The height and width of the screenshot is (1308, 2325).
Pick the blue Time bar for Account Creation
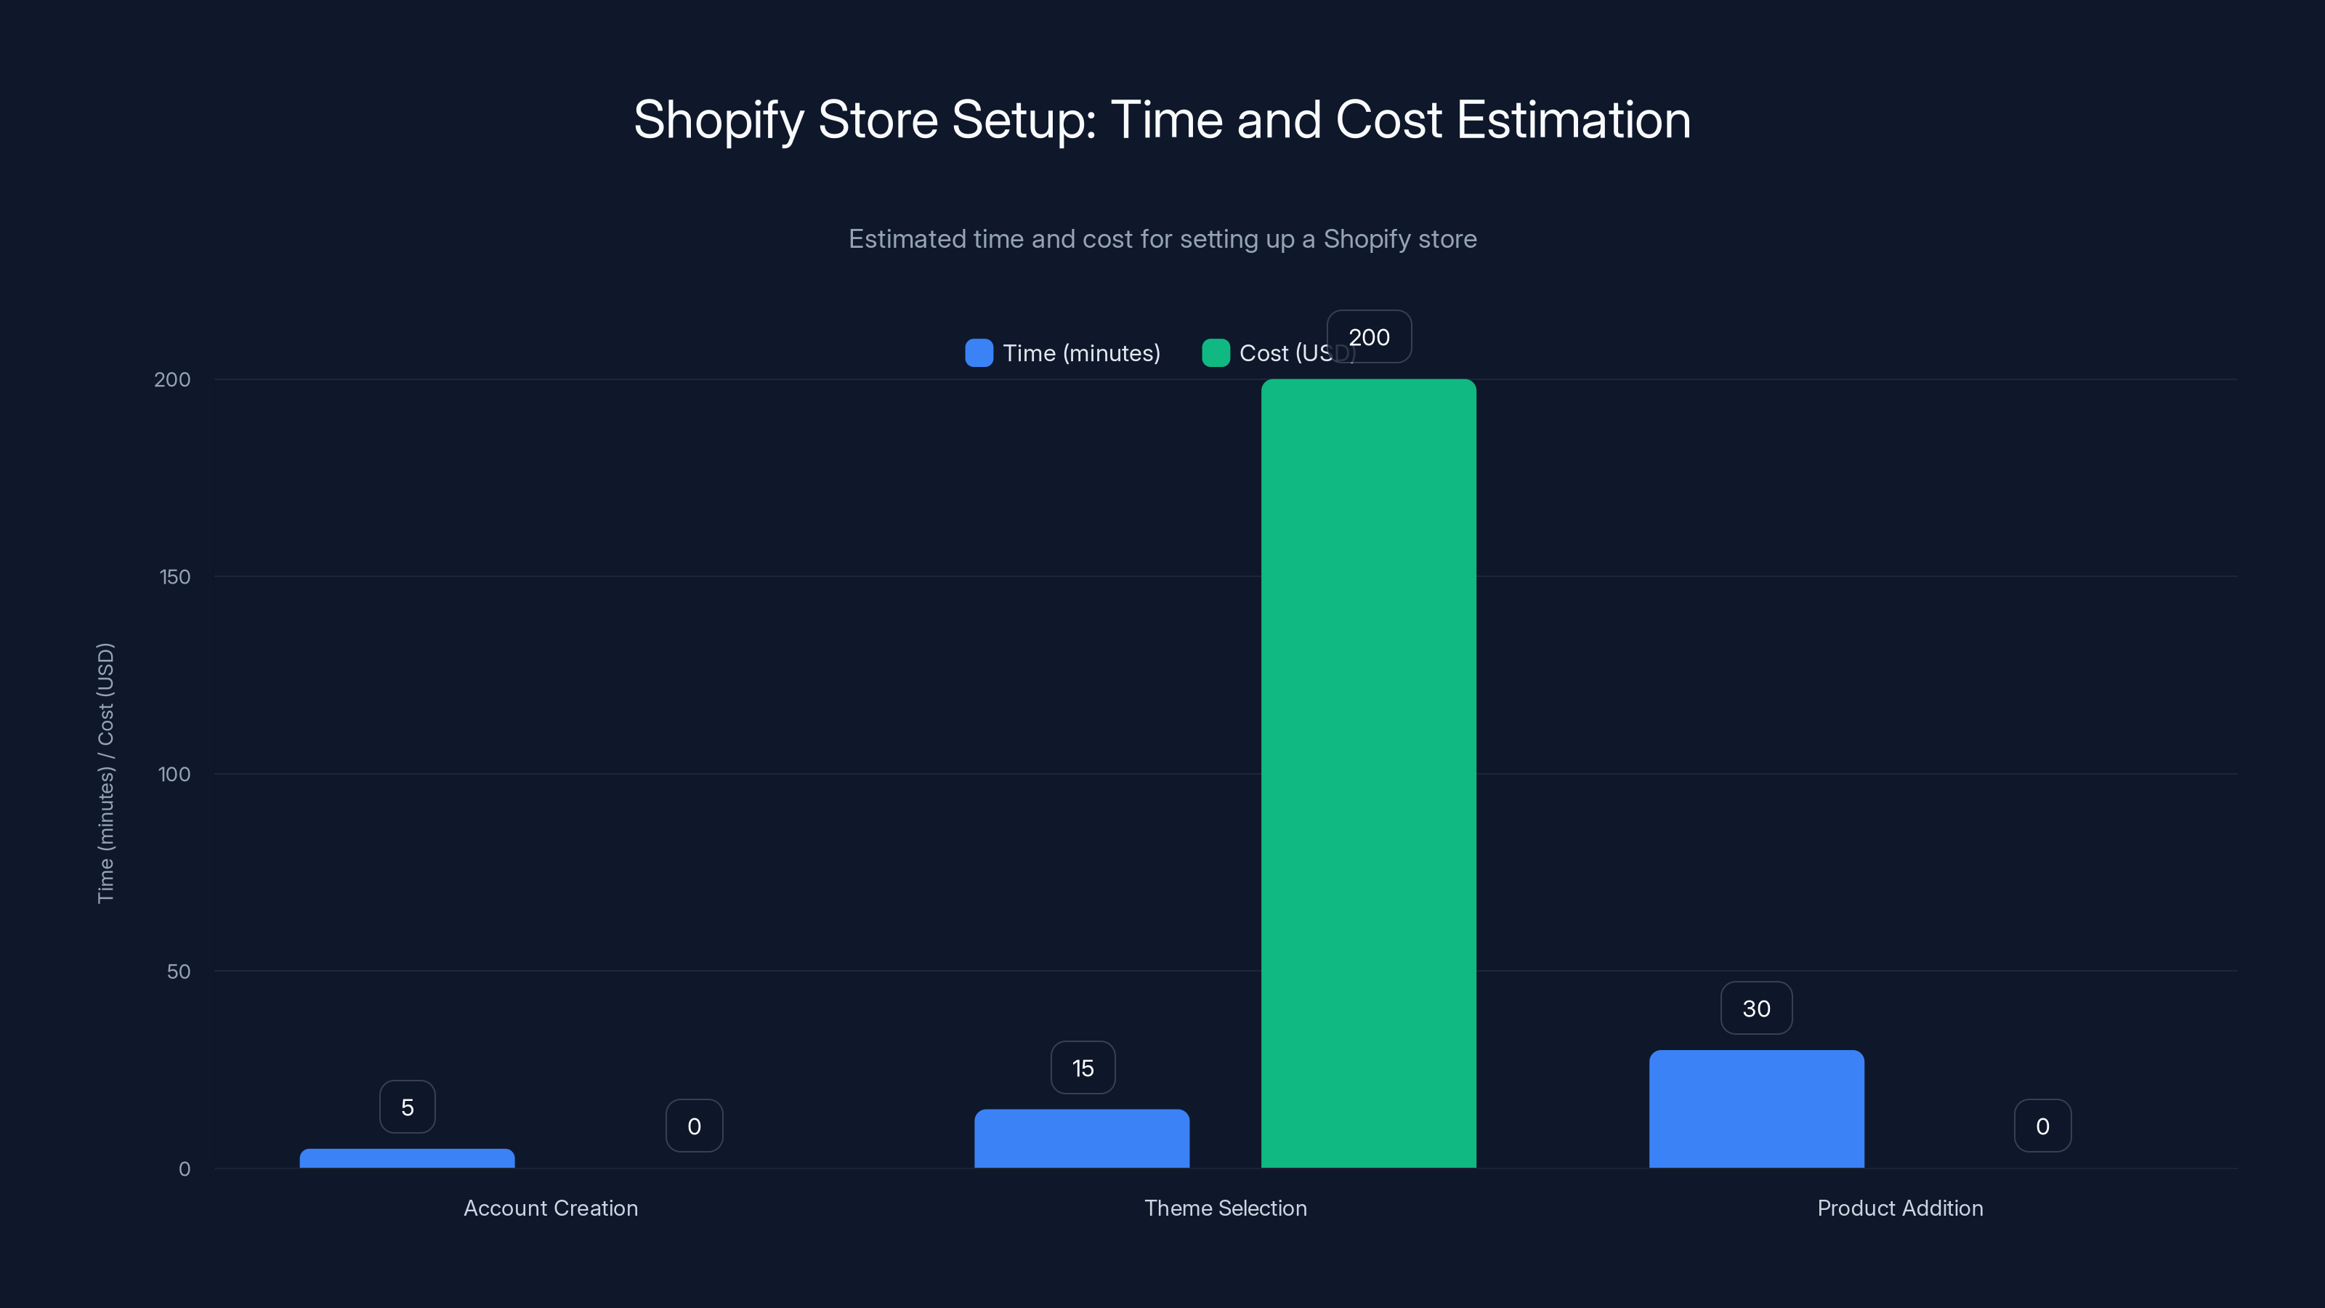tap(407, 1158)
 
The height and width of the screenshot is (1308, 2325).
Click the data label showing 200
tap(1368, 336)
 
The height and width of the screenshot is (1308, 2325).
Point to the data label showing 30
tap(1755, 1009)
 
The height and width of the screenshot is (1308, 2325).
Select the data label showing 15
tap(1082, 1068)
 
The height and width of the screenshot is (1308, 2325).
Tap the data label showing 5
tap(407, 1107)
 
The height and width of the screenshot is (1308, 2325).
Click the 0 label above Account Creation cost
tap(693, 1126)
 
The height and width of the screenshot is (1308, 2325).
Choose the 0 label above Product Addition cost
tap(2042, 1126)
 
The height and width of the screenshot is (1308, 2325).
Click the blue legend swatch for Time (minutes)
tap(979, 353)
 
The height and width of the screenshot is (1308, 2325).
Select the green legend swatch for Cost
tap(1215, 353)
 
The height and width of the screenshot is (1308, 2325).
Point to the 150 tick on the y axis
tap(174, 577)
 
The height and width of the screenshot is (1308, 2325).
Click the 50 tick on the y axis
tap(178, 972)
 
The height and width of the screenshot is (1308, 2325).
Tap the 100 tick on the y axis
tap(174, 775)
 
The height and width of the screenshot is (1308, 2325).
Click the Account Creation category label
tap(551, 1208)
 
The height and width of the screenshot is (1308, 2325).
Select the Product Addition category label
tap(1899, 1208)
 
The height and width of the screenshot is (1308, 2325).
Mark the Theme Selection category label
tap(1225, 1208)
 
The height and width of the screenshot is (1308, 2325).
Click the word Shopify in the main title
tap(719, 120)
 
